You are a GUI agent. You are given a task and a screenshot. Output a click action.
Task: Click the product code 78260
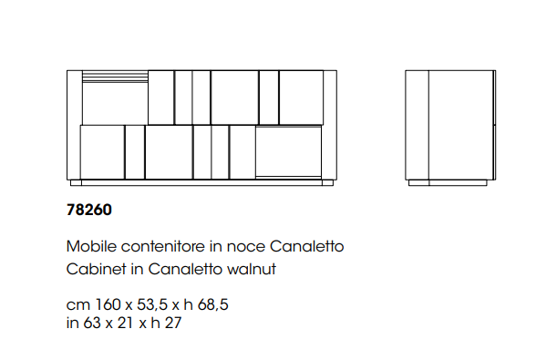point(89,210)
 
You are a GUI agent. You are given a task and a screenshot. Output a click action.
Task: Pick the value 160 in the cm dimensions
point(108,304)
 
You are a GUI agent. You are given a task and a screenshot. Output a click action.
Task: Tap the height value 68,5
point(212,305)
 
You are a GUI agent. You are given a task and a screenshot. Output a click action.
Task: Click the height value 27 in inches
point(173,323)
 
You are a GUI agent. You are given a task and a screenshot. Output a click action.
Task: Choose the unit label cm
point(78,305)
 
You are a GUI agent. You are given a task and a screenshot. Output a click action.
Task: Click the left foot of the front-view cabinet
point(76,182)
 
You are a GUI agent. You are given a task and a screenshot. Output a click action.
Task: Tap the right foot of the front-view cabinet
point(327,182)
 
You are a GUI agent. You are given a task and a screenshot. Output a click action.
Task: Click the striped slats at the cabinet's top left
point(115,77)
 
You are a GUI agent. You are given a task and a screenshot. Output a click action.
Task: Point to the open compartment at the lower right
point(288,151)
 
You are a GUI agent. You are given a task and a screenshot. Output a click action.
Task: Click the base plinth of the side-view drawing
point(448,182)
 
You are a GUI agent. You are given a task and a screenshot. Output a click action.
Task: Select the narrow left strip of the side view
point(417,125)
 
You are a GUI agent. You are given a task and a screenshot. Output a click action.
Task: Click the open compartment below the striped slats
point(115,104)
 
